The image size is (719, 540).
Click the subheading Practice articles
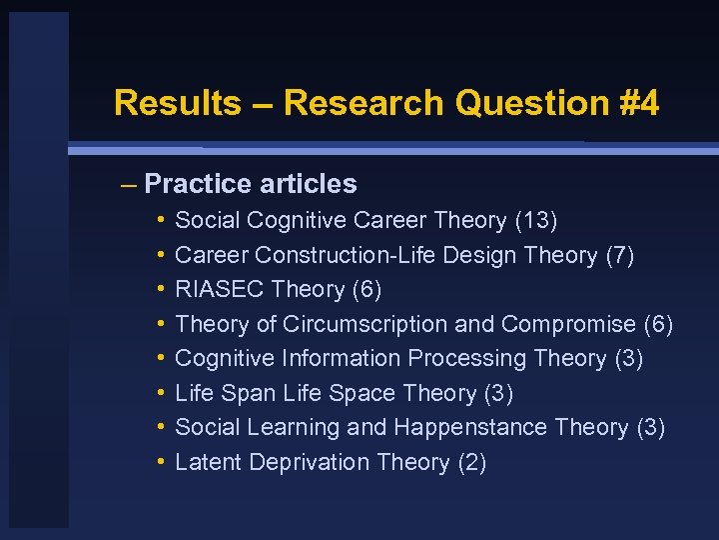point(250,184)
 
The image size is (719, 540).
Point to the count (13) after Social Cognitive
point(536,220)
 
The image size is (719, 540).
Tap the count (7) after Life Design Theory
point(619,255)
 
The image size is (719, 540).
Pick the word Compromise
point(568,324)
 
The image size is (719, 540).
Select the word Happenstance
point(471,427)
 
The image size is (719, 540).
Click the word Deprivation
point(310,462)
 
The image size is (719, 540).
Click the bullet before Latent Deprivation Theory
point(161,462)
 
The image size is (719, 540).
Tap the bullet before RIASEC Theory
point(161,290)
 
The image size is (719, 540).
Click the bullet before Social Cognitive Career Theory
point(161,220)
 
